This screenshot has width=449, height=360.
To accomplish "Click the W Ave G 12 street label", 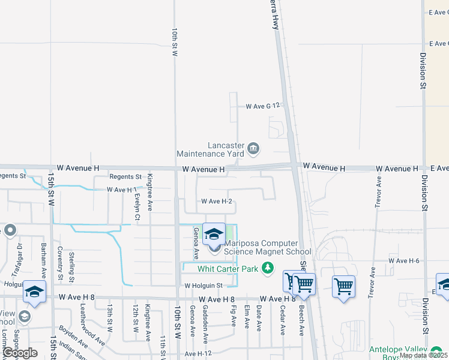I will point(264,106).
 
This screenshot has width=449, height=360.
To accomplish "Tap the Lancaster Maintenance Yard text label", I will point(226,150).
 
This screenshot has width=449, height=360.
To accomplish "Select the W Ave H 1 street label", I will point(122,190).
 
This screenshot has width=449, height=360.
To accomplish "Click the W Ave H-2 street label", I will point(217,202).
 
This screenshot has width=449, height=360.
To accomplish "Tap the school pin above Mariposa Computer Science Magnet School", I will point(214,235).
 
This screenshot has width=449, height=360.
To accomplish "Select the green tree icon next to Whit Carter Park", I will point(268,268).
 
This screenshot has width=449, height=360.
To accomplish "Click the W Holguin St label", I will point(203,286).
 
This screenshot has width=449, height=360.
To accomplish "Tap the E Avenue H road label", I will point(438,169).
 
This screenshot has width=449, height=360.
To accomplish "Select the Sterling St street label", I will point(71,267).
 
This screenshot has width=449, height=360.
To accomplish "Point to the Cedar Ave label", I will point(282,318).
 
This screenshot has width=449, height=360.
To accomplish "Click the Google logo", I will point(19,352).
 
